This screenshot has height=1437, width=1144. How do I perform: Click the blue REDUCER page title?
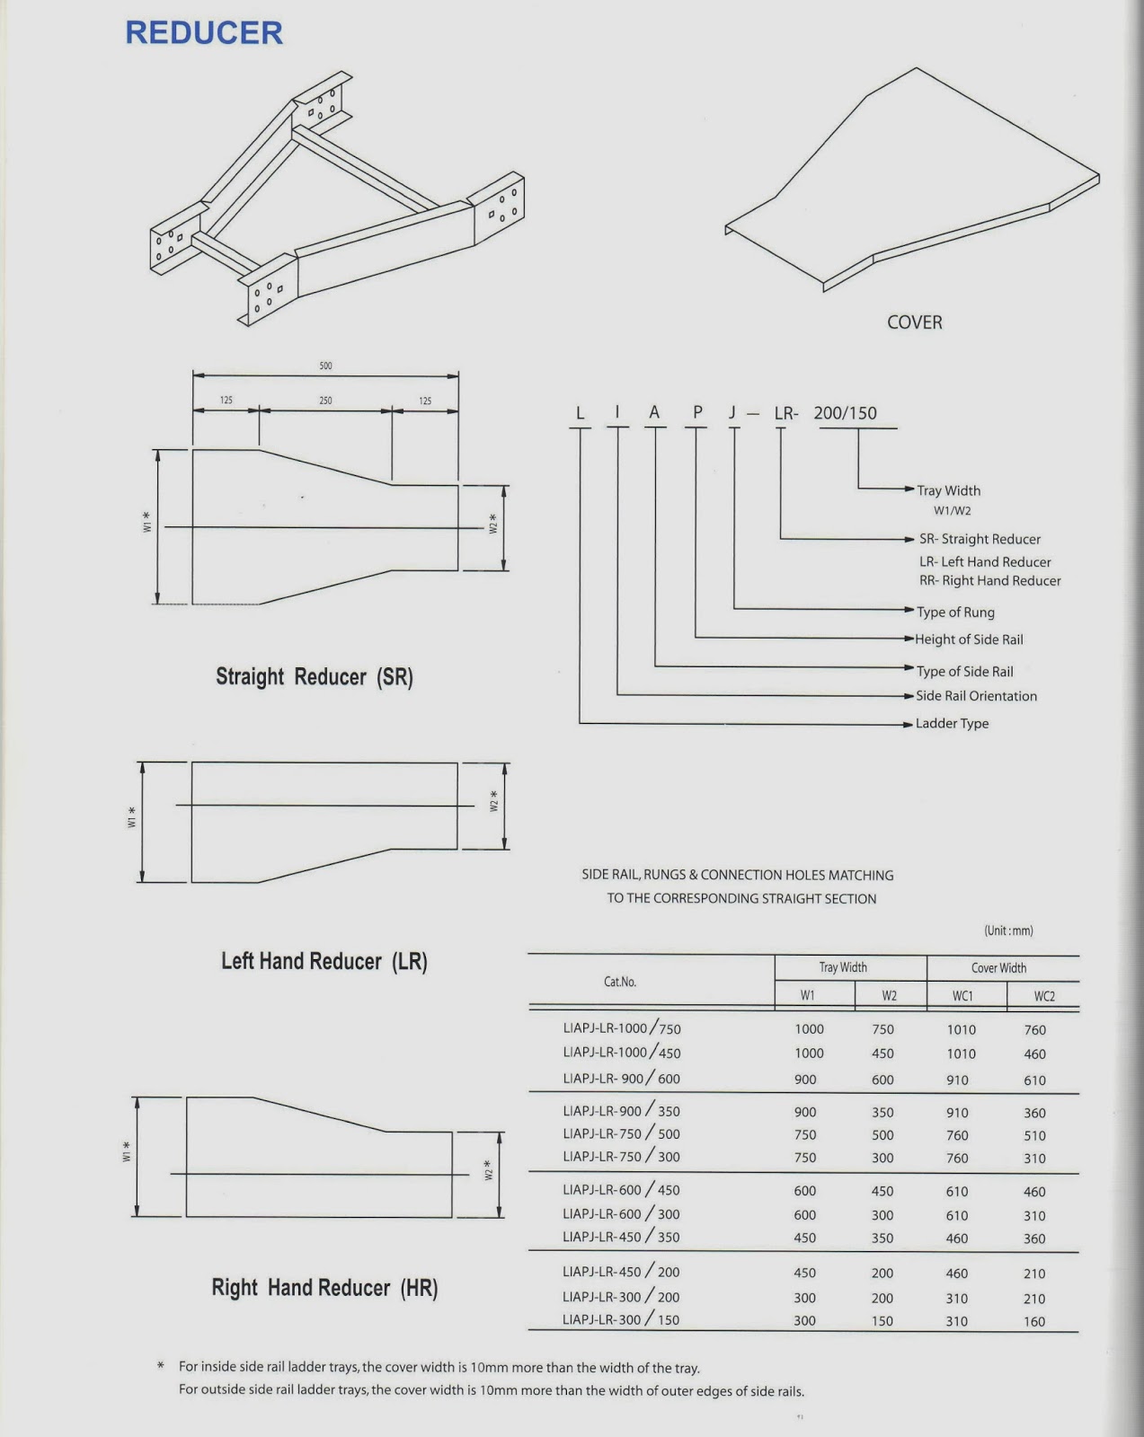point(204,33)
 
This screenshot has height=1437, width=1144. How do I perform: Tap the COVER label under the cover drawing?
point(914,322)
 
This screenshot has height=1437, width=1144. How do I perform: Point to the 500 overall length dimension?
point(325,366)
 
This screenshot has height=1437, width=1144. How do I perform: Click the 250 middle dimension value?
point(325,401)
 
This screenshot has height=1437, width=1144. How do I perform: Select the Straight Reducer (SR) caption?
point(314,677)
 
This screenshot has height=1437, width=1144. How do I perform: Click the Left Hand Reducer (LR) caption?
point(324,962)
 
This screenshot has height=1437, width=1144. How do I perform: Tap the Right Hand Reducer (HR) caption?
point(324,1288)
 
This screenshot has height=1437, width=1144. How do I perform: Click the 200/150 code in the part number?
point(845,413)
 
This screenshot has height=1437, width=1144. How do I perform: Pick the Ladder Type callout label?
point(952,724)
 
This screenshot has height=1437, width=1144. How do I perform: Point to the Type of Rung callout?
point(955,613)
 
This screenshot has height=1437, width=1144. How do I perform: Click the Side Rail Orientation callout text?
point(976,696)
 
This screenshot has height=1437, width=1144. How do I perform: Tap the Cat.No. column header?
point(620,982)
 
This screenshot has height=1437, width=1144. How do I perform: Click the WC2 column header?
point(1043,996)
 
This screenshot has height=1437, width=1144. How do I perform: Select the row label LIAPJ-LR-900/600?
point(621,1079)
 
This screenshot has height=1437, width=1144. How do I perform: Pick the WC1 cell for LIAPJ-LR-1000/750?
point(961,1030)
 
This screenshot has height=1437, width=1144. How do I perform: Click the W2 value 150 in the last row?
point(882,1321)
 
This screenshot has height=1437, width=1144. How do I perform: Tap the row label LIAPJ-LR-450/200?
point(621,1272)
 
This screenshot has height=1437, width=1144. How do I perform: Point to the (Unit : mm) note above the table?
point(1008,931)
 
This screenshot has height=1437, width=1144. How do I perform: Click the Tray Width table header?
point(843,967)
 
